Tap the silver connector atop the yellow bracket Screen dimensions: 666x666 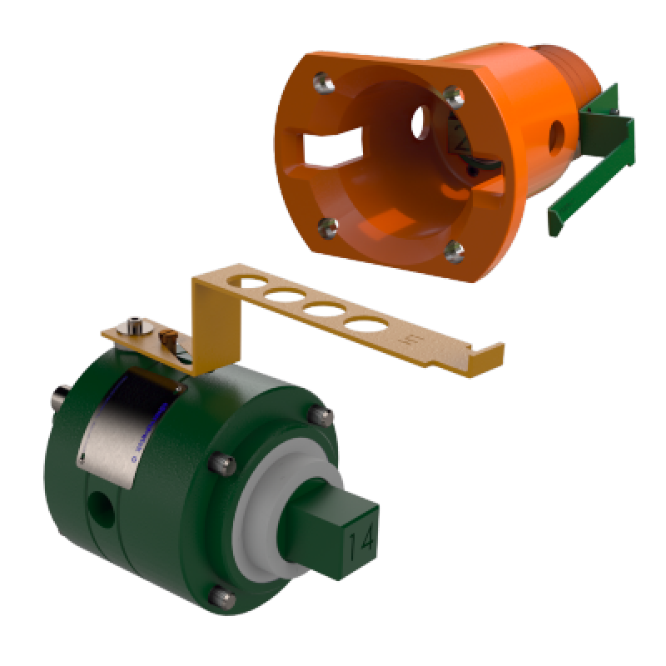pos(134,325)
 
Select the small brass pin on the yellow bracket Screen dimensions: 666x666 pos(169,339)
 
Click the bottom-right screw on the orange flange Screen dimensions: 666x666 pos(455,247)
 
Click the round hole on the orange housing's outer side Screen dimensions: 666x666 pos(555,132)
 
